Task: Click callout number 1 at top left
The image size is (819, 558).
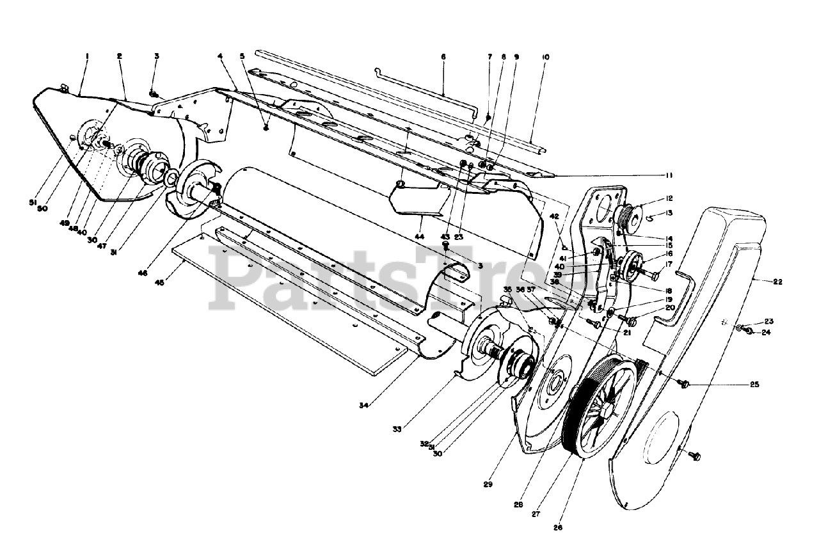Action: (87, 56)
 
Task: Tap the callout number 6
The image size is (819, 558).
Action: (443, 56)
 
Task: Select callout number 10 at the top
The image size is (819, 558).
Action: (545, 57)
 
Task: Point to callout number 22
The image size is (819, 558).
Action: (777, 281)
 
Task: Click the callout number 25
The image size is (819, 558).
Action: (754, 385)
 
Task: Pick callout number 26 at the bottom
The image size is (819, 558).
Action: (558, 527)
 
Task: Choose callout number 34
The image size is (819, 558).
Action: (363, 405)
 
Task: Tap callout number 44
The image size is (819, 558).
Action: (420, 237)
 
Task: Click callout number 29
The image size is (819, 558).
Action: (488, 484)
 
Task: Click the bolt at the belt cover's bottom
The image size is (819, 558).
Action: (696, 456)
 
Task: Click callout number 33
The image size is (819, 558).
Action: (397, 429)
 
